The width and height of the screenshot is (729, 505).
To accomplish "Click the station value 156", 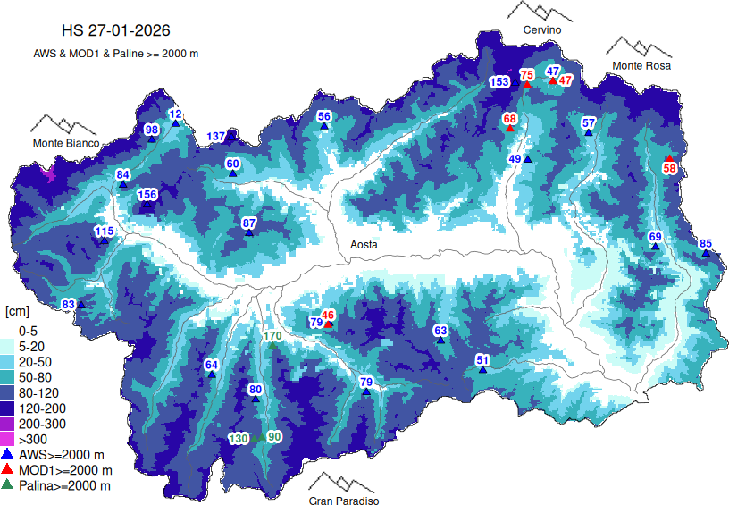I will click(147, 195).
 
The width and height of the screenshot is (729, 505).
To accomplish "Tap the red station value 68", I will click(510, 118).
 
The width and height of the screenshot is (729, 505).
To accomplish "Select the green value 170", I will click(273, 336).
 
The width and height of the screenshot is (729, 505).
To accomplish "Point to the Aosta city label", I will click(363, 244).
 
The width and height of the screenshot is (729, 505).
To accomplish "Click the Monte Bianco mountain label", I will click(65, 143).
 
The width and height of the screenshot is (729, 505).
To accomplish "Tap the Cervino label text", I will click(542, 30).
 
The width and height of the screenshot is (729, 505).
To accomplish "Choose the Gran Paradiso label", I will click(344, 501).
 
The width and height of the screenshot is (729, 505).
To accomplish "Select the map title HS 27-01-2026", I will click(114, 33).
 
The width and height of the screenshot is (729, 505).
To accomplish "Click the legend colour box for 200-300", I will click(9, 423).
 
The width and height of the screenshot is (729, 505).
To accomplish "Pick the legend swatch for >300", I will click(9, 439).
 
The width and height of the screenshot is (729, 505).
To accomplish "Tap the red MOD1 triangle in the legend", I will click(9, 469).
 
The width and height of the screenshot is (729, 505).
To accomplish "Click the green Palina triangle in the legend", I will click(9, 484).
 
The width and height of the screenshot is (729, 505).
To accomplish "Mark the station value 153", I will click(499, 82).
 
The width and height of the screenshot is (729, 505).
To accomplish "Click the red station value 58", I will click(669, 168).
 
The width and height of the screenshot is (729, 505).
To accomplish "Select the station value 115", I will click(104, 231).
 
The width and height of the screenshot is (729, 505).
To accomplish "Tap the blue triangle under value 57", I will click(589, 133).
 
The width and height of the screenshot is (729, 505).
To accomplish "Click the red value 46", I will click(328, 315).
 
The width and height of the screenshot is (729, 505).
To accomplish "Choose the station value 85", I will click(706, 243).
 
